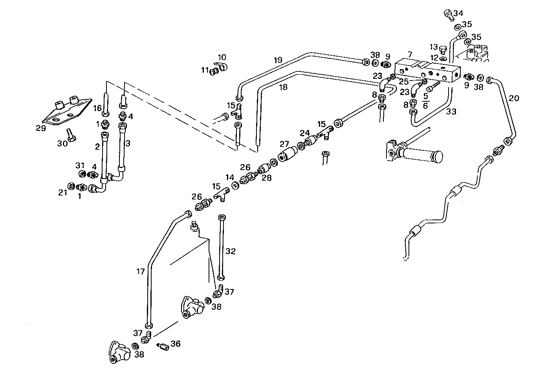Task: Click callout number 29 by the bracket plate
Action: click(40, 128)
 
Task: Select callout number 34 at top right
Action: click(458, 13)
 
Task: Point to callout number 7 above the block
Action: click(410, 54)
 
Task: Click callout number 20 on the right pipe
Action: click(514, 98)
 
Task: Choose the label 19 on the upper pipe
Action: click(278, 60)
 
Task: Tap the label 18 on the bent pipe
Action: click(283, 87)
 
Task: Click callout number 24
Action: click(305, 133)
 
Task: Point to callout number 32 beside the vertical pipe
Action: click(231, 251)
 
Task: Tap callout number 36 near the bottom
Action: click(175, 344)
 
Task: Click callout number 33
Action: click(452, 111)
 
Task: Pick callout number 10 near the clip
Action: click(222, 57)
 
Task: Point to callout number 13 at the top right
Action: click(433, 47)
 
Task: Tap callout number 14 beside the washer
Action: click(229, 177)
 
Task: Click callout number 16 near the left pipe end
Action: click(97, 108)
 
